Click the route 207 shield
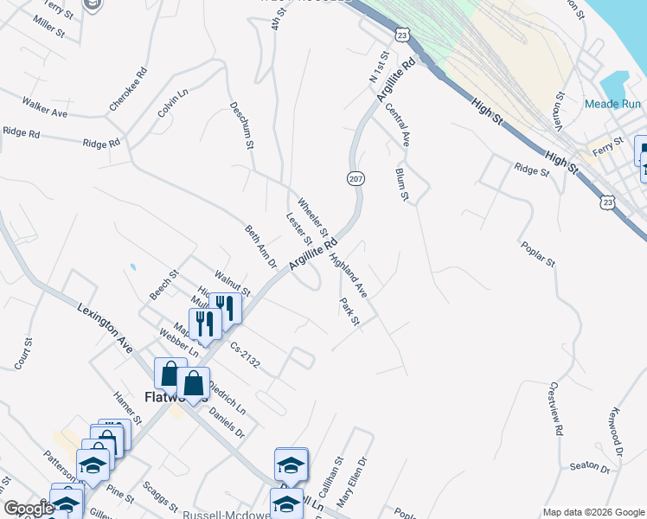356,178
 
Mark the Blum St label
401,183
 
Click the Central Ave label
398,123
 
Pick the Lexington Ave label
105,328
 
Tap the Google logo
29,508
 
